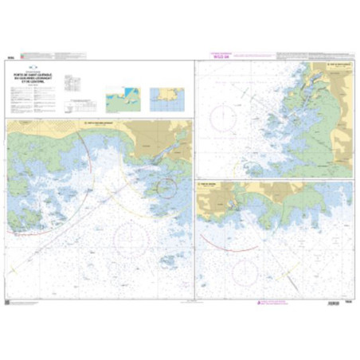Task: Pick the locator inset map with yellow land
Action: click(168, 99)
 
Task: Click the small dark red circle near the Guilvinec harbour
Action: click(166, 188)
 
